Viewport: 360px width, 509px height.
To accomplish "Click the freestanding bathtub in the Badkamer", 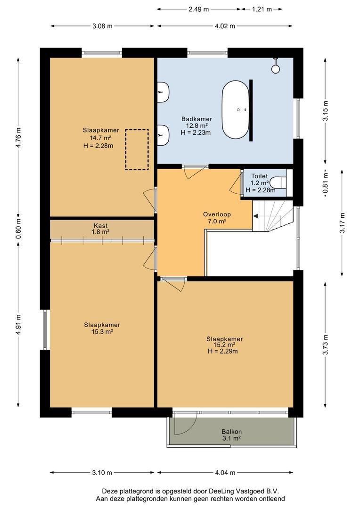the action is (x=235, y=110).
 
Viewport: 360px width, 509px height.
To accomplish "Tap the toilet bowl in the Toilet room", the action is (x=278, y=182).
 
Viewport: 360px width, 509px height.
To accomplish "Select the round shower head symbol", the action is (x=276, y=68).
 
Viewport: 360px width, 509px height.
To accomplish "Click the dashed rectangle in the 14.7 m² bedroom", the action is (x=137, y=149).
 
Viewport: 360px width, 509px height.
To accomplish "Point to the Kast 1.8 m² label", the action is (x=101, y=229).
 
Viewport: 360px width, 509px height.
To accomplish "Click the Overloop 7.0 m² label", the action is (x=217, y=217).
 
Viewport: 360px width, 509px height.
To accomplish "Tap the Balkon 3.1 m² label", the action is (x=231, y=435).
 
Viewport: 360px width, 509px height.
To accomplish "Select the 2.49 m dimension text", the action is (x=199, y=9).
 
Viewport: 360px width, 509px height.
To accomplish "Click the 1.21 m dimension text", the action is (x=262, y=9).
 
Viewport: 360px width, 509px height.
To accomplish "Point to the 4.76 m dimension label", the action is (x=18, y=138).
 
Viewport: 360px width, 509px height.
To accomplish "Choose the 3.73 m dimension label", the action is (x=326, y=345).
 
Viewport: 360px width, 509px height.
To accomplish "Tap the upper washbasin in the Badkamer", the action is (x=164, y=92).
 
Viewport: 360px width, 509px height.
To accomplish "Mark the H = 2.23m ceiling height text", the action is (x=196, y=132).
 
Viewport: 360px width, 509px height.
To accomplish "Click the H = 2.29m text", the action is (x=223, y=351).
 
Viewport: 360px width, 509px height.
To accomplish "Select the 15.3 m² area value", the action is (x=102, y=331).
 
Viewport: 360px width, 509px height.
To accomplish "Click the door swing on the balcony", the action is (x=186, y=423).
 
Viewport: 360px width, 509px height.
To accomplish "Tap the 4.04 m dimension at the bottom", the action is (x=225, y=473).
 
